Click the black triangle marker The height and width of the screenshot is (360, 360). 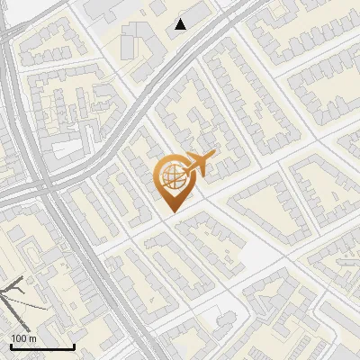182,24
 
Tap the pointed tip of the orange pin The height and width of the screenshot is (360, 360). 172,211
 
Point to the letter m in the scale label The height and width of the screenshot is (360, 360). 33,338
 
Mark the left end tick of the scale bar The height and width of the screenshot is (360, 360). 11,346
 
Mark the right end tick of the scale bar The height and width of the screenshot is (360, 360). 74,346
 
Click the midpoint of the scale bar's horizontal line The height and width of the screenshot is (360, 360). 42,347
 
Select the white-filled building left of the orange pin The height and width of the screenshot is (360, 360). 67,148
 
